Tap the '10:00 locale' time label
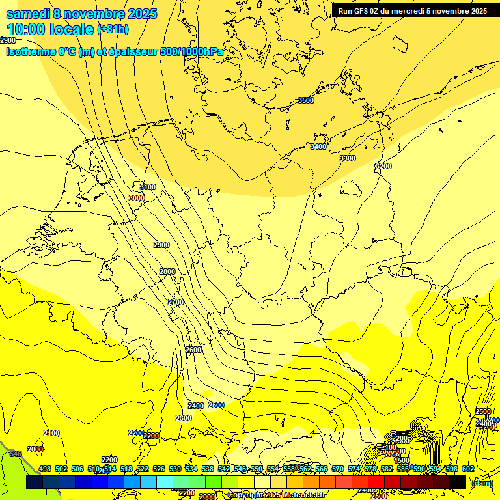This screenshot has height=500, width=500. click(50, 29)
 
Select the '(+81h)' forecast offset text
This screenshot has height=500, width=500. click(113, 29)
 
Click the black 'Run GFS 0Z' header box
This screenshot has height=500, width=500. click(413, 10)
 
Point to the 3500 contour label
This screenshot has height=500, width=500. click(305, 100)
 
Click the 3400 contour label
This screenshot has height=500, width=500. click(318, 146)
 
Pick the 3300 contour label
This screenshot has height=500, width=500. click(348, 158)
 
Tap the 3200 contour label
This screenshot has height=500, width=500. click(383, 166)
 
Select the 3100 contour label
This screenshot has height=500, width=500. click(148, 187)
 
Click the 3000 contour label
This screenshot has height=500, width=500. click(137, 198)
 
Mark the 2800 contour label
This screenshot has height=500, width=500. click(167, 271)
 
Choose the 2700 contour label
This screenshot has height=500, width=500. click(176, 302)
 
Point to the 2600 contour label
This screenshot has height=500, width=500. click(193, 350)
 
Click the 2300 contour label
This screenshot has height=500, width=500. click(184, 418)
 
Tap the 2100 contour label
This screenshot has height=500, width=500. click(51, 433)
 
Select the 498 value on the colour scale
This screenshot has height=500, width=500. click(44, 469)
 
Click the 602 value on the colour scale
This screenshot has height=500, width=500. click(468, 469)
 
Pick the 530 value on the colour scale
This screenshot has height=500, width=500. click(174, 469)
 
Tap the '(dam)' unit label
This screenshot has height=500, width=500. click(482, 482)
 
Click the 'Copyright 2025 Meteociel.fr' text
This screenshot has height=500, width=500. click(276, 495)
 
